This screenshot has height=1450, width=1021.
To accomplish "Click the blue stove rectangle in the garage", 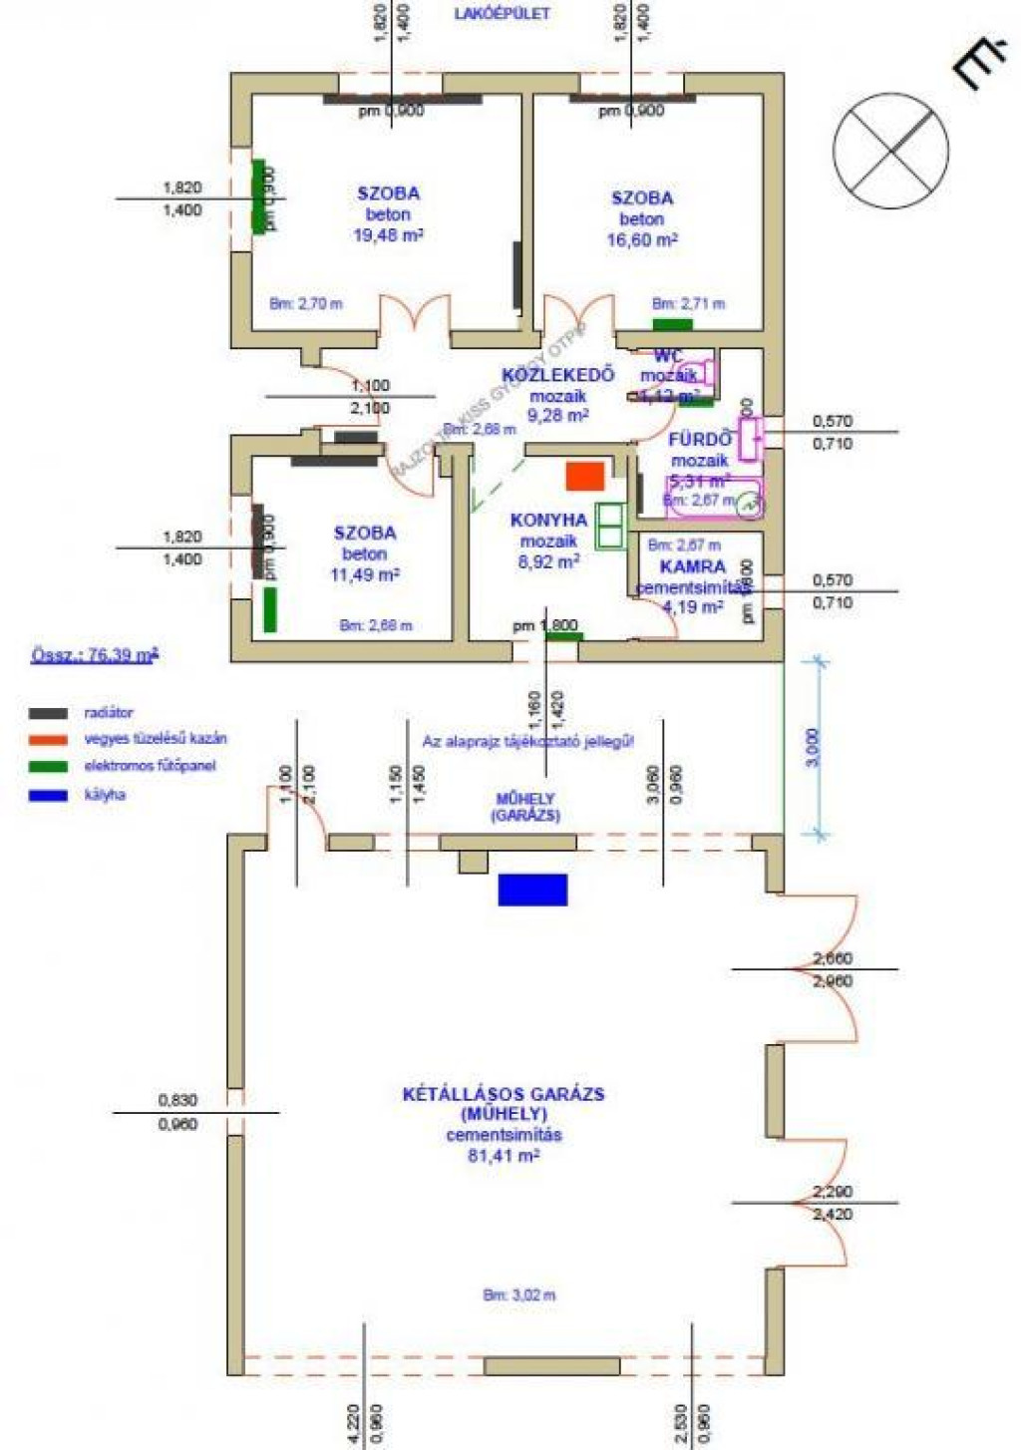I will coord(532,889).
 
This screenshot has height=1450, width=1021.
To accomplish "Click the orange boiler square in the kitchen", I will coord(585,476).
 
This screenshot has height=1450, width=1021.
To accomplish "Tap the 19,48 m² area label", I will coord(388,235).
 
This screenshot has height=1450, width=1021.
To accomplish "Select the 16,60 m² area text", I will coord(642,239).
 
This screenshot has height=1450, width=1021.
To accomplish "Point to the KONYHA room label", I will coord(548,520).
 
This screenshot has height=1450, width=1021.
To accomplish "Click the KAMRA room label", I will coord(693,566).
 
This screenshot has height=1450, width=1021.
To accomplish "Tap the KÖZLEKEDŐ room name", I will coord(557,375).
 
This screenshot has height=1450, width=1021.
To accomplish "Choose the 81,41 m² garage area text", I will coord(504,1155).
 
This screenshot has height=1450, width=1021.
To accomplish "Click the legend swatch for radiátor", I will coord(48,713).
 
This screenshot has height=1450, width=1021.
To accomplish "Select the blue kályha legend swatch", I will coord(48,795).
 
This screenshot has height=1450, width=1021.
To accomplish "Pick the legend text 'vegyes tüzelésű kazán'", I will coord(156,739).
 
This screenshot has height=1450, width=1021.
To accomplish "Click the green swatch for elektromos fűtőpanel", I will coord(48,767).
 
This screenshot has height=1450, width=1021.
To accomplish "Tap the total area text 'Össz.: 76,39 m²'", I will coord(95,655).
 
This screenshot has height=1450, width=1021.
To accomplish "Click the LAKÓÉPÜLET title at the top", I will coord(502,14).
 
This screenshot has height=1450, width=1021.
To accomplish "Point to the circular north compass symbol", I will coord(890,151).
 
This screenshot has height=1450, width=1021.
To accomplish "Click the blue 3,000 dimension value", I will coord(813,747).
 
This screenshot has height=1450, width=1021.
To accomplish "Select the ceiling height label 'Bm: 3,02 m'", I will coord(519,1294).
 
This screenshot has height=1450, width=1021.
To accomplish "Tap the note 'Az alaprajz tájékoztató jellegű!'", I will coord(527,741).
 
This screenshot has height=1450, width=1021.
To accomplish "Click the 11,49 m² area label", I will coord(365,574).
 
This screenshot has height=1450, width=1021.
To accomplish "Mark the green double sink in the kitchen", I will coord(609,527).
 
